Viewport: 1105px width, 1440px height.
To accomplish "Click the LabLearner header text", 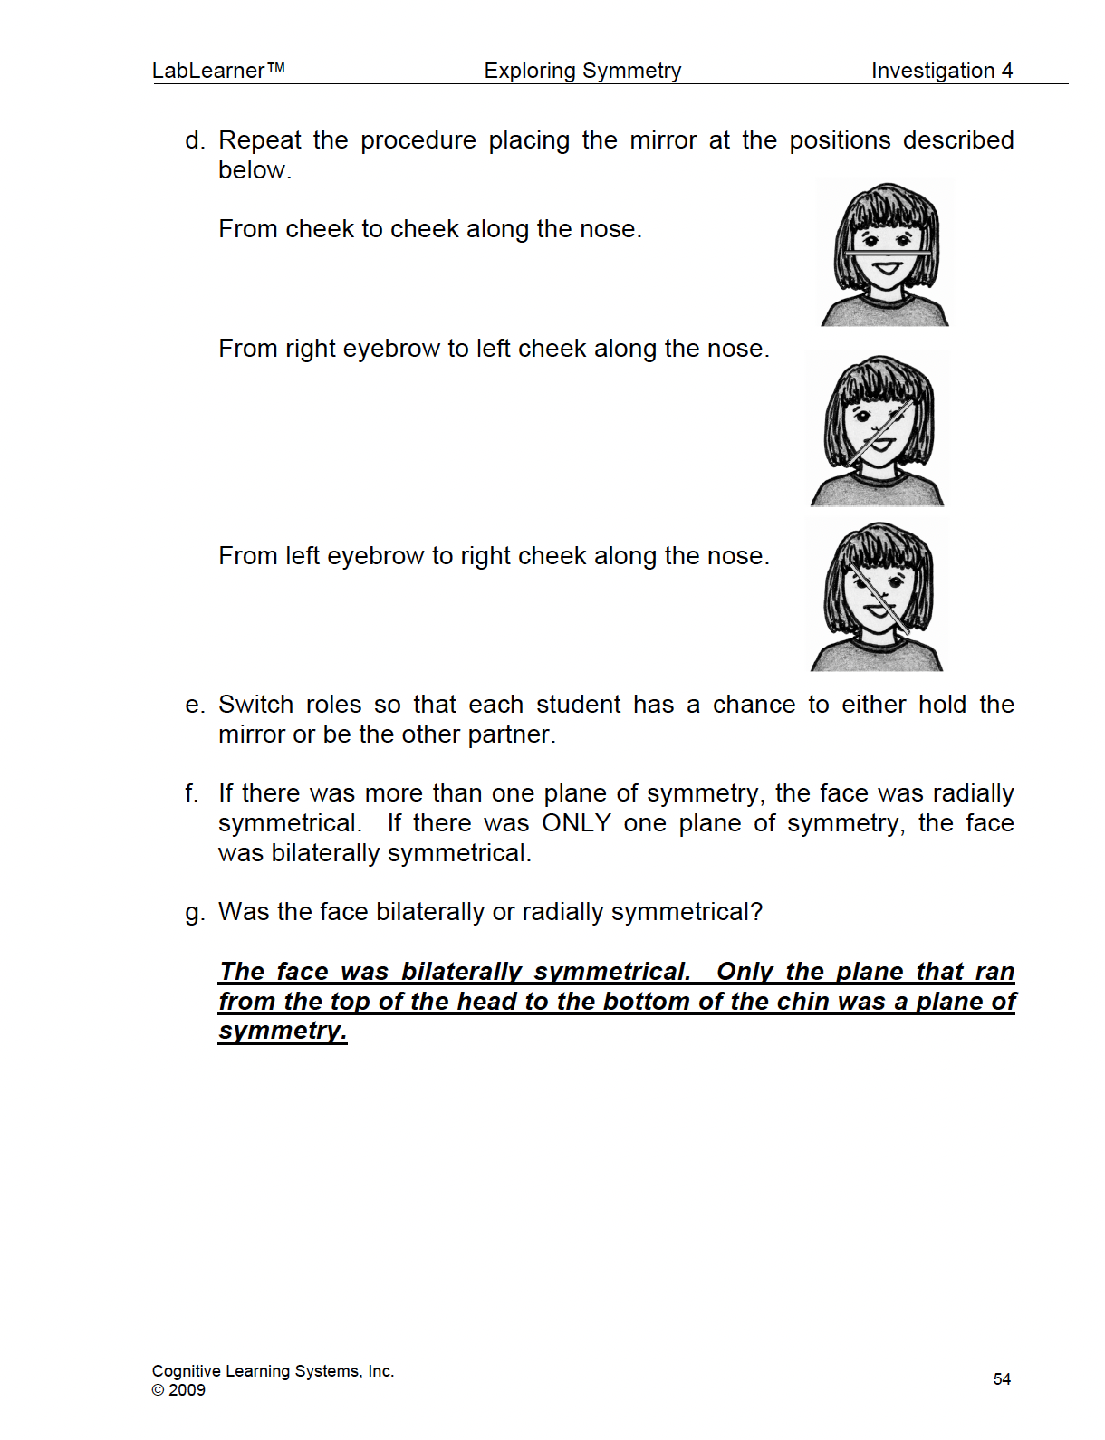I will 218,71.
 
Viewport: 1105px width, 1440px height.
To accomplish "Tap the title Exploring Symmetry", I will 582,71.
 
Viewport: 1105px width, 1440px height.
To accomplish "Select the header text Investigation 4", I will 942,71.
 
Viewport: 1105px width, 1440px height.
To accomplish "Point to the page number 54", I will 1002,1378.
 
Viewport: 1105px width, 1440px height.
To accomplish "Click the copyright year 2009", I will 187,1390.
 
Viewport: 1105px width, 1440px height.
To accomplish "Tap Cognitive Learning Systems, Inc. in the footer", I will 273,1371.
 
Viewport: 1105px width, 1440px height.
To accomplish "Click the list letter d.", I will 194,140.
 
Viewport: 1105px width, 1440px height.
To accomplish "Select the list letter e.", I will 194,705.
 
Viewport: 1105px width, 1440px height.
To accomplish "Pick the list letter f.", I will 191,793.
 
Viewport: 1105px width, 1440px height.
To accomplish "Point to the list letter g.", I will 194,912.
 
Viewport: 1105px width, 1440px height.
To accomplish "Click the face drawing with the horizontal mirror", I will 885,254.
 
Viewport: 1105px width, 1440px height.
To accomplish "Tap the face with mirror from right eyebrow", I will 877,430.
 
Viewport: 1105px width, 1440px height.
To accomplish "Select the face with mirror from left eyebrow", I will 877,597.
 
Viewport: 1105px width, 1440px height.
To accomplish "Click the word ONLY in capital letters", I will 576,823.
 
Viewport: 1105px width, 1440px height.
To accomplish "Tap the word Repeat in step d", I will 260,140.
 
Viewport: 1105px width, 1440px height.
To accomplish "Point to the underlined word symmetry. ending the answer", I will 283,1031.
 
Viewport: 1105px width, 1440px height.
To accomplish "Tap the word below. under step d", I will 255,170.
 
